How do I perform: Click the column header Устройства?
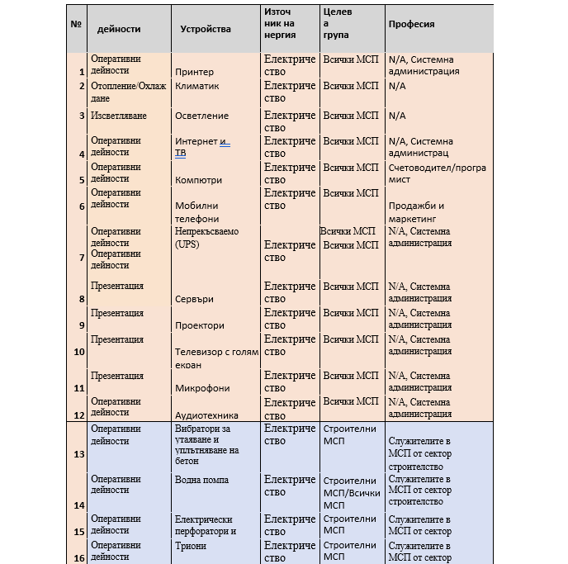206,29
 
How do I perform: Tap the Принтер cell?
194,72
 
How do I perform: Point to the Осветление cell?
201,116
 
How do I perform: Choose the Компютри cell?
198,180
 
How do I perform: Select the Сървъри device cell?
194,299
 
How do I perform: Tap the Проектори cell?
199,325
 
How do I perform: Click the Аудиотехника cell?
206,415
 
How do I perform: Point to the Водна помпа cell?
201,480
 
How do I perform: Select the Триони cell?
191,546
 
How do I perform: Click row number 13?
79,454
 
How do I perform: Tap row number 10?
79,352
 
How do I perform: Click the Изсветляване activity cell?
118,116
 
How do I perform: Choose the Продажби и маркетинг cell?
416,213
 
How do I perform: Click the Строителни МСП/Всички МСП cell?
352,492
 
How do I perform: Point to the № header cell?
76,24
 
